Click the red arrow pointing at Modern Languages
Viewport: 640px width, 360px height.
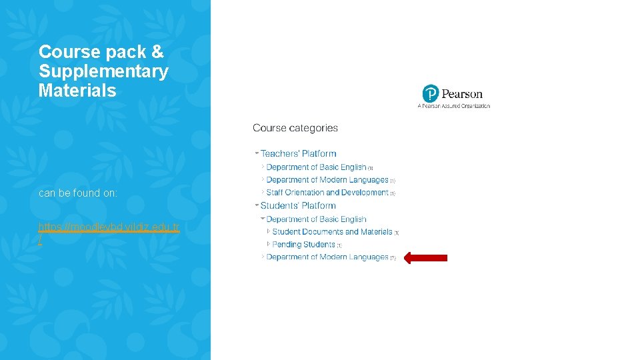426,257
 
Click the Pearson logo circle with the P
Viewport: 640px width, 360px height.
431,93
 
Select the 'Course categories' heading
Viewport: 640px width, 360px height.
295,128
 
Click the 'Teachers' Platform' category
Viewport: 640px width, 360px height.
298,154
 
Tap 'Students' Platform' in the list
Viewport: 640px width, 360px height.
298,206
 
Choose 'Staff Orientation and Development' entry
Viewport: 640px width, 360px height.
327,193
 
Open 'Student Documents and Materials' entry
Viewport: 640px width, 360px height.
332,232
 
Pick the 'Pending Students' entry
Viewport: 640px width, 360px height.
303,245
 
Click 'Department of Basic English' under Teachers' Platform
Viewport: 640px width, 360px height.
316,167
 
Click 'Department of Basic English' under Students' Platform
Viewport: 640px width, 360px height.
316,219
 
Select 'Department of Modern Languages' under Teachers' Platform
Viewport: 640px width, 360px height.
327,180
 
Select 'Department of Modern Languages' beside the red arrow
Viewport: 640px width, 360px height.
327,257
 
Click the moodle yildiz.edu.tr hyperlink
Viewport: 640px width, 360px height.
109,227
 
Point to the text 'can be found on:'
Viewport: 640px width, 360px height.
78,193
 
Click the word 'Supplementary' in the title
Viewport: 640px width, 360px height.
103,71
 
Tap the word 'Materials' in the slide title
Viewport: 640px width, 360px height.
77,91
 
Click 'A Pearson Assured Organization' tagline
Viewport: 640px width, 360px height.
453,106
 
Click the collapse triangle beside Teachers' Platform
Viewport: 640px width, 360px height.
257,153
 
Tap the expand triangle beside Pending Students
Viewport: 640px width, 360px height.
269,244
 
